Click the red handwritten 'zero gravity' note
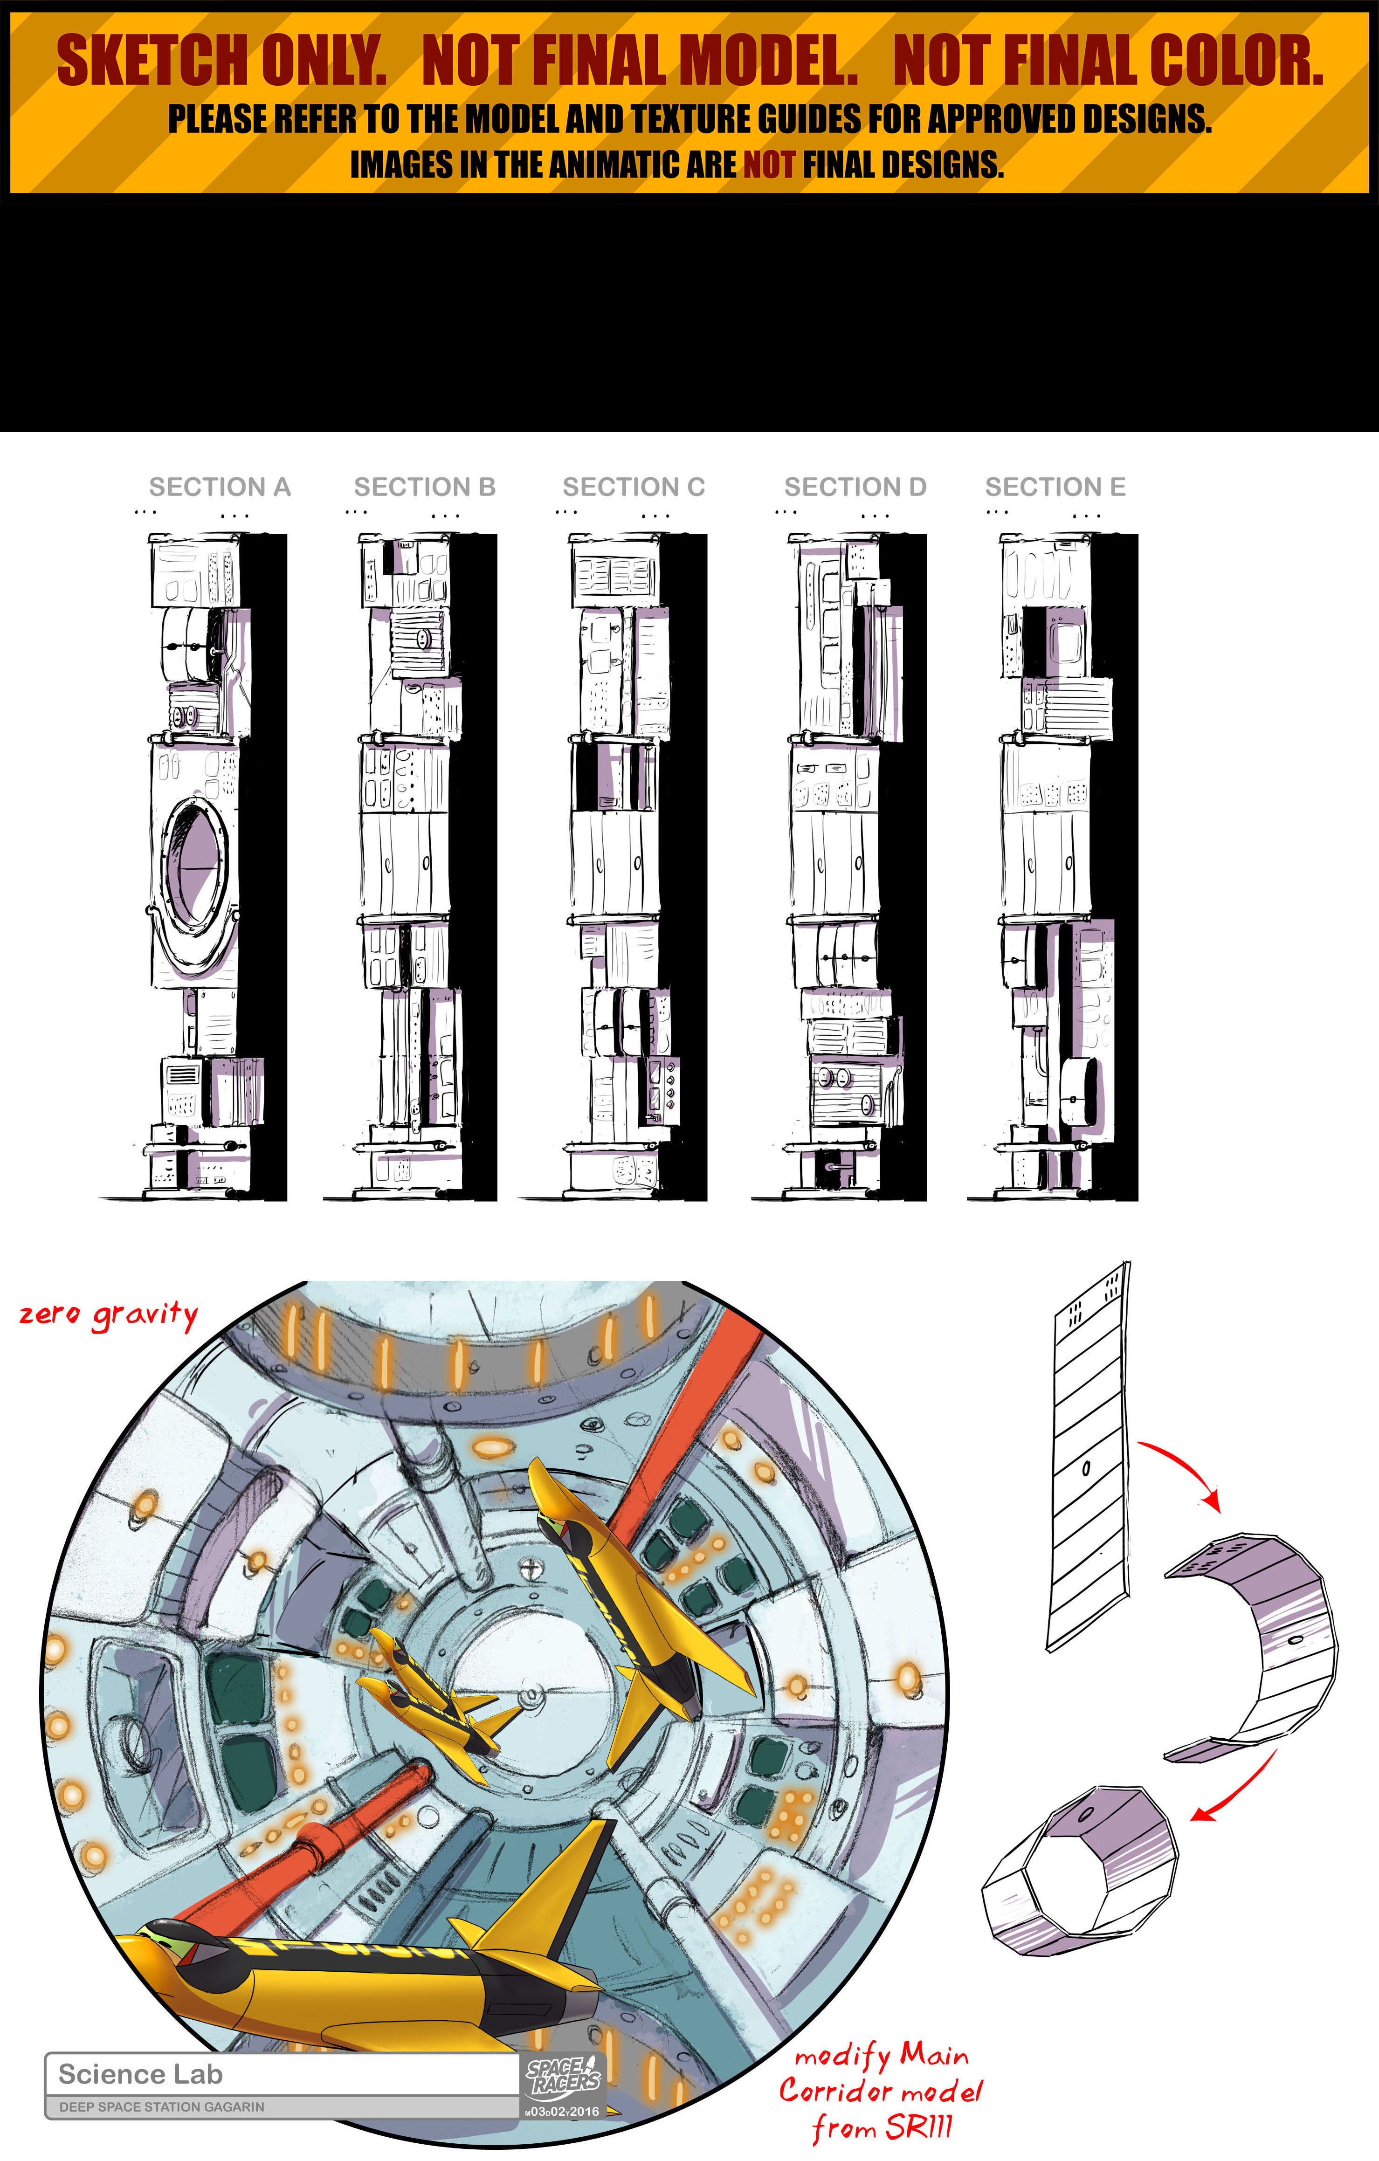click(x=109, y=1315)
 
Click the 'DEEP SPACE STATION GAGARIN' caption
click(x=162, y=2106)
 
